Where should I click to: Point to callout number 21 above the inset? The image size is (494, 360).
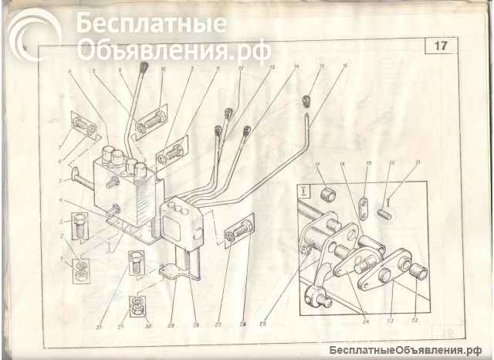(x=417, y=163)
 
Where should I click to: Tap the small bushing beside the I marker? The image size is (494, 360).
(x=327, y=195)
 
